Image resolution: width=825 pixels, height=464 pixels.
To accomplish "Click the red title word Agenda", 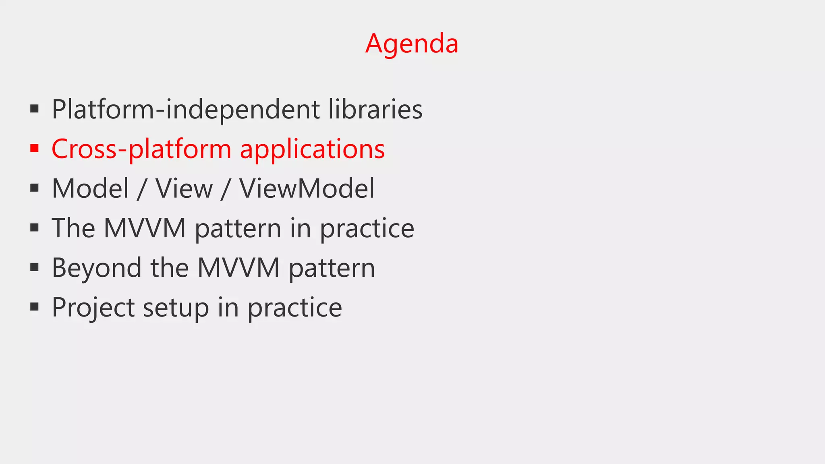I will tap(412, 43).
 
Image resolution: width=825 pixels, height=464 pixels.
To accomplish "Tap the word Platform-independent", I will tap(186, 109).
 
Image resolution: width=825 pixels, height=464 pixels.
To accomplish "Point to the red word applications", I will tap(312, 149).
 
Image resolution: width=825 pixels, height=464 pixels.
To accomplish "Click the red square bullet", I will tap(35, 148).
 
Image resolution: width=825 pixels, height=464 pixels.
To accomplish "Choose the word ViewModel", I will tap(307, 188).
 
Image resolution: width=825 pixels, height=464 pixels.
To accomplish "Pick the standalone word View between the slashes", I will tap(184, 188).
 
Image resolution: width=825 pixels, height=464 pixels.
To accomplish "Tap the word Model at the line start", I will tap(90, 188).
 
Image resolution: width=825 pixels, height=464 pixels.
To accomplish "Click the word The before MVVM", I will tap(73, 228).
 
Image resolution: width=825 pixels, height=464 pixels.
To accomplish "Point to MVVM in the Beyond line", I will tap(238, 268).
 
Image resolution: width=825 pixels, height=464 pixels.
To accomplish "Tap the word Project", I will tap(93, 307).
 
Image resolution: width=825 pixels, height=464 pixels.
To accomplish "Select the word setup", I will tap(176, 307).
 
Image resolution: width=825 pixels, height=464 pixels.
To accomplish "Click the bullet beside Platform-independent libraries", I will tap(35, 109).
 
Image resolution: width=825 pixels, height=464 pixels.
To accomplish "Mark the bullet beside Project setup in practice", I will tap(35, 307).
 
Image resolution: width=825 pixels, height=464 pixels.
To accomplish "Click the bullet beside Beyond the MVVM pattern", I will tap(35, 267).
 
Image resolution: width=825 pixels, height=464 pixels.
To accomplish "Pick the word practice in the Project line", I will tap(294, 307).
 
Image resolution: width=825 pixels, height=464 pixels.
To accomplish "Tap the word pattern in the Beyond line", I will tap(332, 268).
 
